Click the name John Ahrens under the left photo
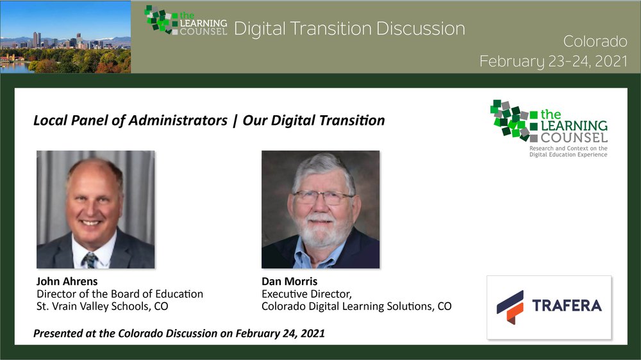click(x=67, y=281)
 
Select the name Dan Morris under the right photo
click(x=290, y=281)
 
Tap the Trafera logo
click(x=549, y=307)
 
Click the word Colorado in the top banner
click(x=595, y=41)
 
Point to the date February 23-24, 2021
click(x=553, y=61)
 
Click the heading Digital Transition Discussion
click(x=349, y=29)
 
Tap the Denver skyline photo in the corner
click(x=65, y=37)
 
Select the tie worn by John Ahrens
click(x=89, y=260)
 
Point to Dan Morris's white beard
click(x=320, y=232)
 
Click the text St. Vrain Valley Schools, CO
click(x=102, y=306)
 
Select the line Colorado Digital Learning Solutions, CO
click(x=356, y=306)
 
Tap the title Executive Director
click(x=306, y=294)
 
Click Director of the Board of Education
click(x=120, y=294)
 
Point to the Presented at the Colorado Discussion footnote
click(x=179, y=334)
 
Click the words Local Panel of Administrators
click(x=130, y=120)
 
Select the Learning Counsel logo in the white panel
click(x=549, y=128)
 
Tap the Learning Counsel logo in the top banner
click(x=186, y=20)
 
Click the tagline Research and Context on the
click(x=568, y=149)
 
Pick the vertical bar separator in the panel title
click(x=235, y=121)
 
